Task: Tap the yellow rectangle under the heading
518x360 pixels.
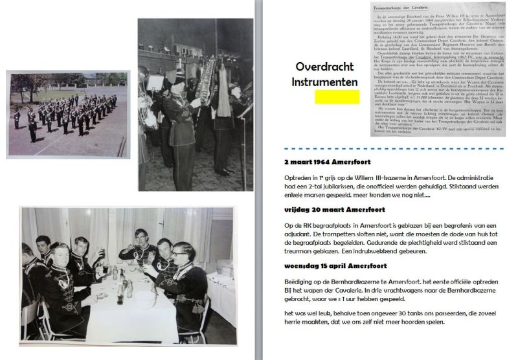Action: pyautogui.click(x=337, y=97)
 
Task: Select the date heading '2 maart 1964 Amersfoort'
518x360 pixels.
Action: pyautogui.click(x=327, y=162)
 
